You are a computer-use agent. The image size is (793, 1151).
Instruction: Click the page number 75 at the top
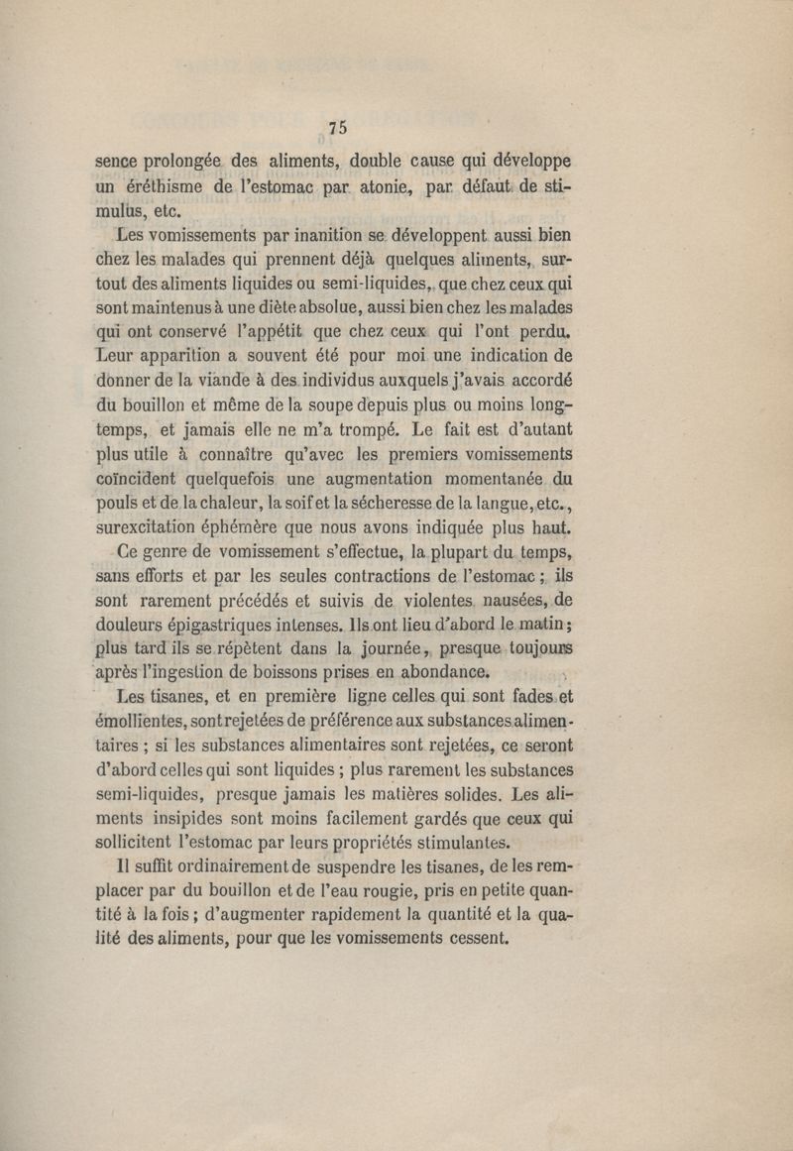[x=337, y=126]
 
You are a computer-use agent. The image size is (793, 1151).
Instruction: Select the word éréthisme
[x=165, y=185]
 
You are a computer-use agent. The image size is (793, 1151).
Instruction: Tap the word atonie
[x=385, y=185]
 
